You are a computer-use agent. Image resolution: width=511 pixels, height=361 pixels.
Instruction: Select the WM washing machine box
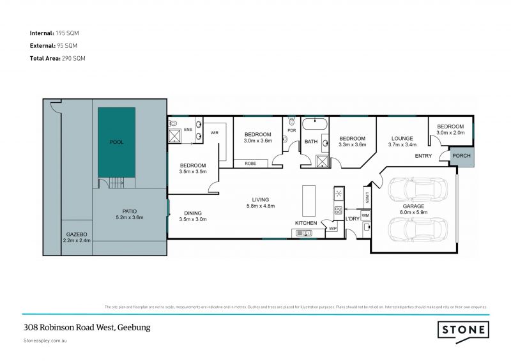click(x=365, y=216)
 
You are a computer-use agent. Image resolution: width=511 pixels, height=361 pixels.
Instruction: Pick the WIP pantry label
click(x=332, y=228)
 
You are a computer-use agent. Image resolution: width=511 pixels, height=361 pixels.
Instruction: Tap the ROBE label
click(x=251, y=164)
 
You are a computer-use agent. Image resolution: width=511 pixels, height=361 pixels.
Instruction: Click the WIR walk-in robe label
click(x=215, y=133)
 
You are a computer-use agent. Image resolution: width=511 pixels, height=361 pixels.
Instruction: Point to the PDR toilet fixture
click(x=292, y=121)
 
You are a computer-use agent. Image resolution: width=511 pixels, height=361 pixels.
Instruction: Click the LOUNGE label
click(x=402, y=138)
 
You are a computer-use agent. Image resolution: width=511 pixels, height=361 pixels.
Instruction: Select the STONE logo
click(x=463, y=330)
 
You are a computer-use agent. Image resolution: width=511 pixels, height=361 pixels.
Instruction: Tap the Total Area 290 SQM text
click(x=57, y=58)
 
